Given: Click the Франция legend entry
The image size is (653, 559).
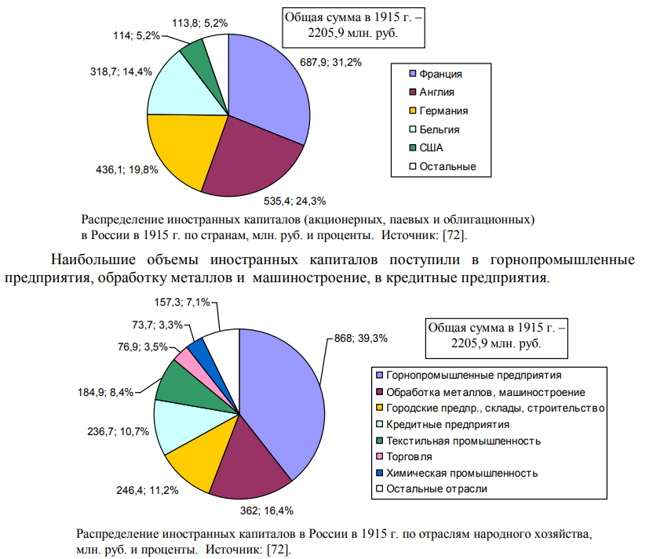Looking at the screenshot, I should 440,74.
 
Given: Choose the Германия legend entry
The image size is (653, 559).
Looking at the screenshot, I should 443,111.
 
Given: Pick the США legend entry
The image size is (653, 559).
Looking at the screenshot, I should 431,147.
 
